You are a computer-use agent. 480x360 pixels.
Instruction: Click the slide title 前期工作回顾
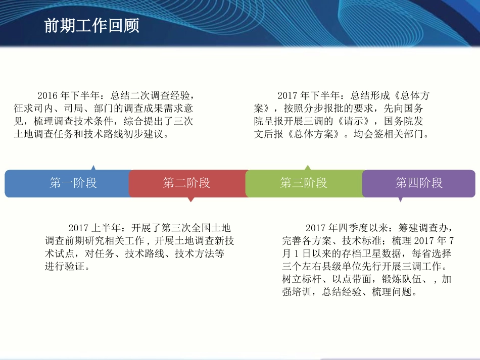click(91, 26)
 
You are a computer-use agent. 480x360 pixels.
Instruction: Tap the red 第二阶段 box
click(187, 183)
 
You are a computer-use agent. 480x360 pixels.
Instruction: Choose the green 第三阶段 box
click(304, 183)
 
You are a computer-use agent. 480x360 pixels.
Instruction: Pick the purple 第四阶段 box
click(419, 183)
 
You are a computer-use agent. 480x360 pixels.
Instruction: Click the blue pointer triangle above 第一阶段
click(93, 168)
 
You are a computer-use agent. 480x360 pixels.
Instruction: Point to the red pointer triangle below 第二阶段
click(190, 199)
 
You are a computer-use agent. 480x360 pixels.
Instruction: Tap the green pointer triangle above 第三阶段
click(307, 168)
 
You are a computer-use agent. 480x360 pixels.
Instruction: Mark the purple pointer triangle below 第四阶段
click(400, 199)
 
